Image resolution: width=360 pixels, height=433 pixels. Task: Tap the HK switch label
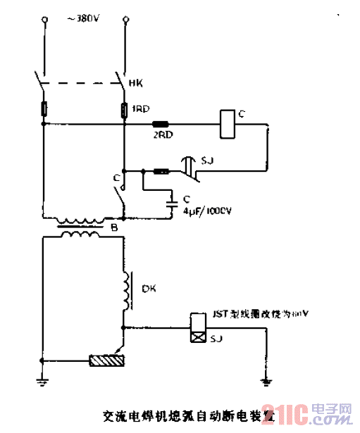[x=137, y=83]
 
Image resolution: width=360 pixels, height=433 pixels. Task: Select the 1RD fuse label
[x=139, y=109]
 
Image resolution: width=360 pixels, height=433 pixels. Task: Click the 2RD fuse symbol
[x=161, y=125]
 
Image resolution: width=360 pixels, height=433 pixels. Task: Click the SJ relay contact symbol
[x=189, y=168]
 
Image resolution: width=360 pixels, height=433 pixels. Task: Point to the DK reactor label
[x=149, y=288]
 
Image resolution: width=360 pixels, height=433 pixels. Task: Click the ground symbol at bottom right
[x=266, y=382]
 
